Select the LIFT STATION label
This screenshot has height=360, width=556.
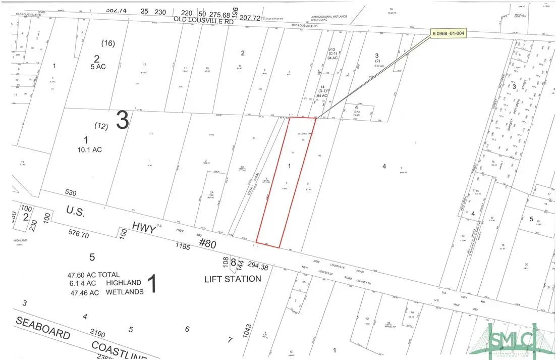233,279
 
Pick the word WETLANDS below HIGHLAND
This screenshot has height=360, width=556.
124,292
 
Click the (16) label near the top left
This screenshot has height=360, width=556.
108,43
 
